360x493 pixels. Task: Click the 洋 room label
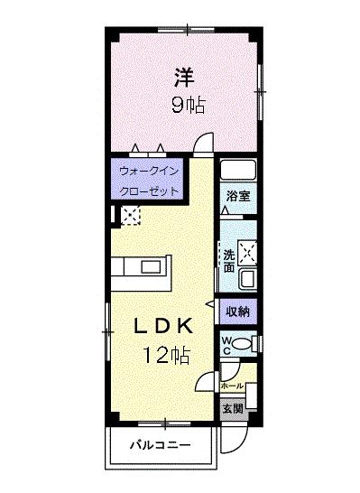184,78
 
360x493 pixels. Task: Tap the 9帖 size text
189,105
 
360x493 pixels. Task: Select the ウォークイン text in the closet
149,172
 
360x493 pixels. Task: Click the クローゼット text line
149,191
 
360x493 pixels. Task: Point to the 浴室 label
238,196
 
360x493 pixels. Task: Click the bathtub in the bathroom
238,170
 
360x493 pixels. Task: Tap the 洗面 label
229,261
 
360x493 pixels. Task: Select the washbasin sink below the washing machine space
248,278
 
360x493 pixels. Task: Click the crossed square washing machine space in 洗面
247,252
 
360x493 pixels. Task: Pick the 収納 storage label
238,312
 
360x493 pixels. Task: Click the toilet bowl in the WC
243,344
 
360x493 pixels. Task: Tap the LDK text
163,326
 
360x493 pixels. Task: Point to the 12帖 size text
167,355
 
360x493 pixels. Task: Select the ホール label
232,386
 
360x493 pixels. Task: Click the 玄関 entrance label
233,409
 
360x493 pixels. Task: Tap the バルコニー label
161,445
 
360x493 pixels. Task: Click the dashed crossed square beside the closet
130,215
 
